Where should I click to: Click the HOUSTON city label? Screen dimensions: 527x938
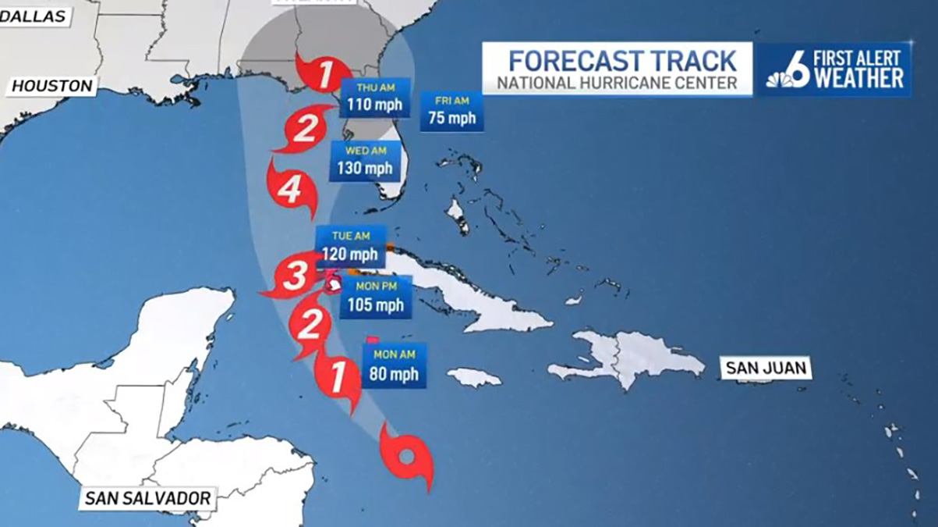(52, 86)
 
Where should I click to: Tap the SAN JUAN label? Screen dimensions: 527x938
(765, 368)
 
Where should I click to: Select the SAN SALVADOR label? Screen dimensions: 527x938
(147, 498)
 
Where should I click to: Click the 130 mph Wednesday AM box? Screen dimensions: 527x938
(365, 161)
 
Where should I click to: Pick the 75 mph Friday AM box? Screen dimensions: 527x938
(451, 112)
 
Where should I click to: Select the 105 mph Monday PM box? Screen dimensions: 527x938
(376, 297)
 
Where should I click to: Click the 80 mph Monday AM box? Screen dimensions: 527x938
(395, 365)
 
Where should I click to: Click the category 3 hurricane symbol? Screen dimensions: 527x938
(294, 276)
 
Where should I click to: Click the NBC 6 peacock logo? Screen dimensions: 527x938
(788, 71)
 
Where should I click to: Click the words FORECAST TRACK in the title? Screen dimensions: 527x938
(621, 61)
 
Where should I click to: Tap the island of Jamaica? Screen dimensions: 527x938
(474, 378)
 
